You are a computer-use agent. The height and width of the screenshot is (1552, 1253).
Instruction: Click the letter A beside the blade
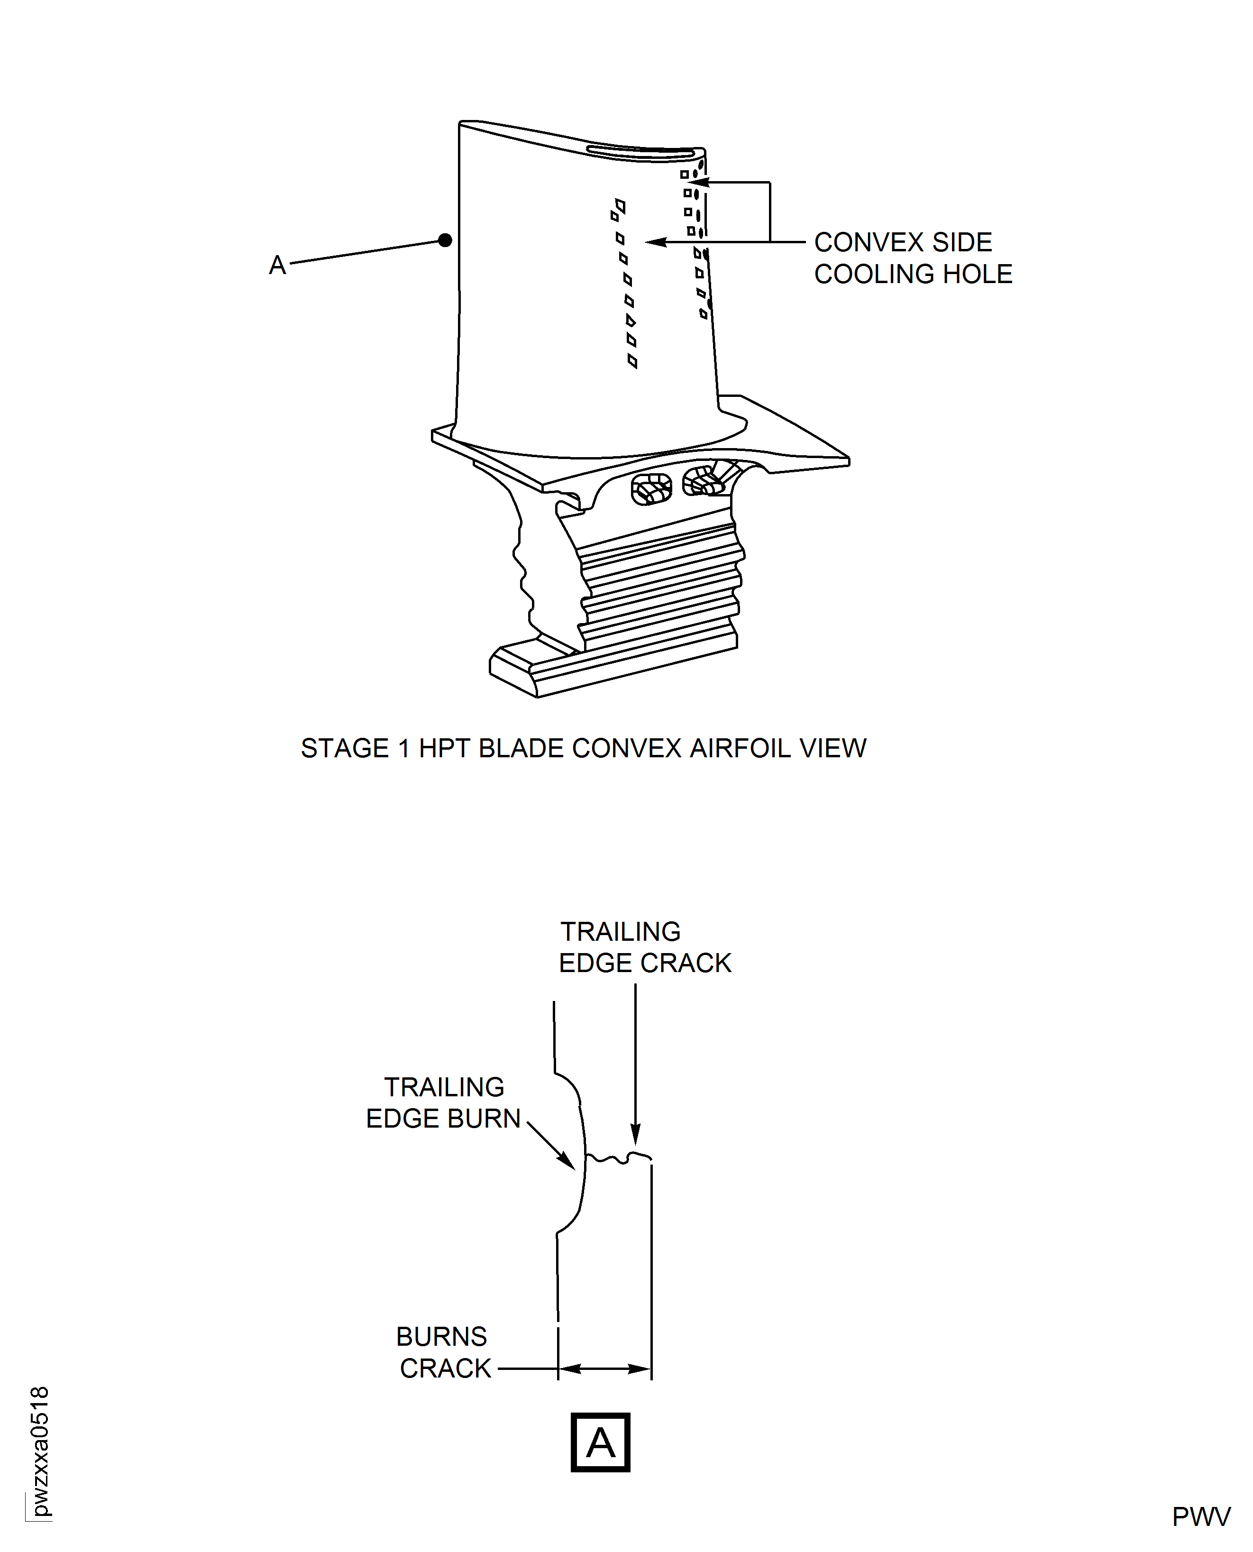277,266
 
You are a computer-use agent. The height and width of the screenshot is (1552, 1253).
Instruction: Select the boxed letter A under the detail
600,1443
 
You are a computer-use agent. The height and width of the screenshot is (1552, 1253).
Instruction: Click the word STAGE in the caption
345,749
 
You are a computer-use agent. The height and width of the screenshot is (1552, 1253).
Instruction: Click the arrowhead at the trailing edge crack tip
635,1138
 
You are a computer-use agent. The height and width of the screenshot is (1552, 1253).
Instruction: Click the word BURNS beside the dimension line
441,1337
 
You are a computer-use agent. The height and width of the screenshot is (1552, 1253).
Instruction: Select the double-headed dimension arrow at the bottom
605,1368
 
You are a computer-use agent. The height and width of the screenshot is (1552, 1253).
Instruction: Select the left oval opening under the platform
651,489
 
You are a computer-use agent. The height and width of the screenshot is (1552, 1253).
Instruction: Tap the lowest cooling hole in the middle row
632,361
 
